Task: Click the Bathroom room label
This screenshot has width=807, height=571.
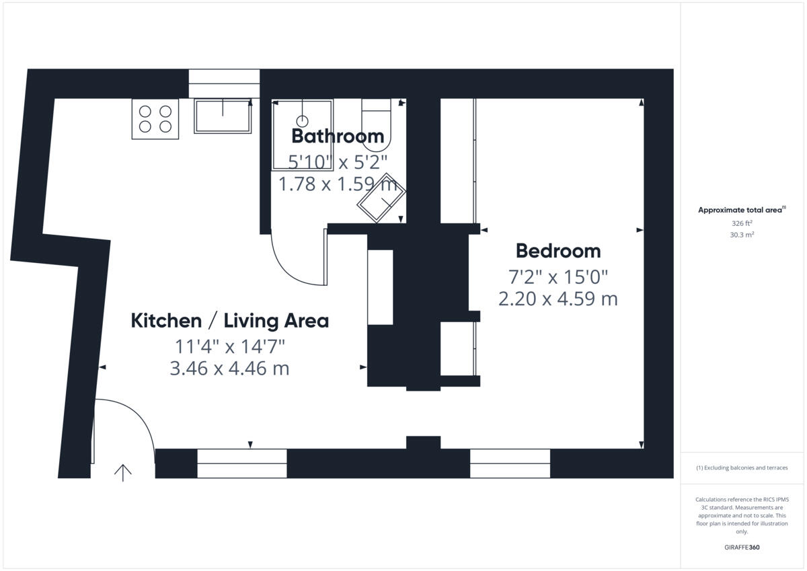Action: click(338, 136)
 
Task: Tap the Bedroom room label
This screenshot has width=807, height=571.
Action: click(558, 251)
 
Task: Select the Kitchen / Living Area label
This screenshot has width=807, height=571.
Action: click(229, 321)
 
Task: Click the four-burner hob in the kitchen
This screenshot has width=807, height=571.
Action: click(155, 118)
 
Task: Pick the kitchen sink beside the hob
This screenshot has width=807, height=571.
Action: click(223, 116)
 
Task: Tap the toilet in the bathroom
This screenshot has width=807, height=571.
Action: click(376, 125)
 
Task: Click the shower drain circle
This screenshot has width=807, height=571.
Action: click(303, 121)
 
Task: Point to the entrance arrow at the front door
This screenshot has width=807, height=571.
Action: click(122, 473)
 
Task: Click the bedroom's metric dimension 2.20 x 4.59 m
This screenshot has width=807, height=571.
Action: click(558, 299)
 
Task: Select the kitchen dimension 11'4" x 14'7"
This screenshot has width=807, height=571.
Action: click(229, 347)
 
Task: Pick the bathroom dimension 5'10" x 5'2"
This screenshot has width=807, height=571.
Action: click(338, 161)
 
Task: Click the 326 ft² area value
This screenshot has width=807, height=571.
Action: click(742, 223)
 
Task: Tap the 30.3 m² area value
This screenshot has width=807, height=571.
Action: click(742, 235)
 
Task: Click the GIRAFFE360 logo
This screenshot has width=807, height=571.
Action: click(742, 547)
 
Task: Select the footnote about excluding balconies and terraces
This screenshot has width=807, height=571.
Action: click(742, 467)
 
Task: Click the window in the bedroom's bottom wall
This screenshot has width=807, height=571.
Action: click(510, 463)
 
